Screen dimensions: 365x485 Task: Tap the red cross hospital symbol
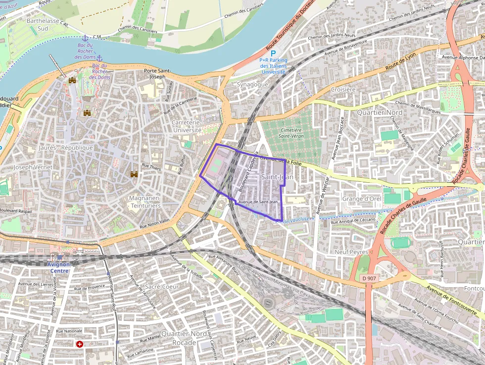pos(79,344)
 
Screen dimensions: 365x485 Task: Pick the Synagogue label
pos(252,84)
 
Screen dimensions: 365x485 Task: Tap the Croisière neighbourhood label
pos(343,90)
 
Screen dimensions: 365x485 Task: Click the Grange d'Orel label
pos(361,199)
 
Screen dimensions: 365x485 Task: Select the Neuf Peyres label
pos(351,252)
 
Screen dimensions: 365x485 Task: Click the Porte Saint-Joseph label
pos(157,74)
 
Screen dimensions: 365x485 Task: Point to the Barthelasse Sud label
pos(43,25)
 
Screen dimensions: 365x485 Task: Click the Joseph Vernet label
pos(33,167)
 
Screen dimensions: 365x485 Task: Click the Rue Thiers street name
pos(151,167)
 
